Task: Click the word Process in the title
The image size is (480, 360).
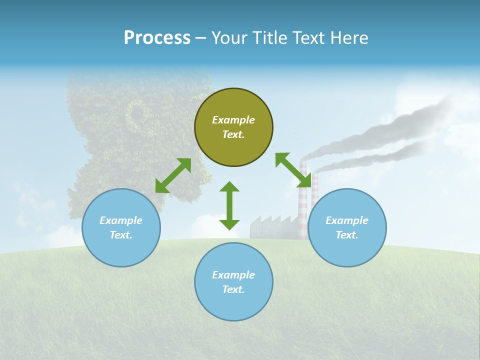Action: [x=157, y=38]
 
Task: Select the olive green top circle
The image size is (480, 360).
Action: [x=233, y=127]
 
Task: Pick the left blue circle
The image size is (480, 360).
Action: [x=121, y=227]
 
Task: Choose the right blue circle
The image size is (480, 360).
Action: [x=347, y=227]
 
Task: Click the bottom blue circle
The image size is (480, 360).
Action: [x=233, y=282]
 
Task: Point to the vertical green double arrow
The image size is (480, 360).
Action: [x=229, y=205]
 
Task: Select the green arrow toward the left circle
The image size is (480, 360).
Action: [x=173, y=175]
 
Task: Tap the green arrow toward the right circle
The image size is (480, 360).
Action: [x=293, y=170]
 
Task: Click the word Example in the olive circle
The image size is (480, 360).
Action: [x=233, y=120]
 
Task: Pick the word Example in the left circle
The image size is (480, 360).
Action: [x=121, y=220]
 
